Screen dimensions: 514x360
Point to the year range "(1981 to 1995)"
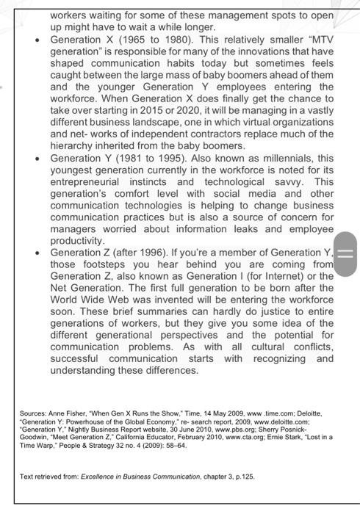click(x=150, y=159)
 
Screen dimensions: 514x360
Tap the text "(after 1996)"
click(x=148, y=253)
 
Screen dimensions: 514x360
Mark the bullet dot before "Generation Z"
click(x=35, y=253)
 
